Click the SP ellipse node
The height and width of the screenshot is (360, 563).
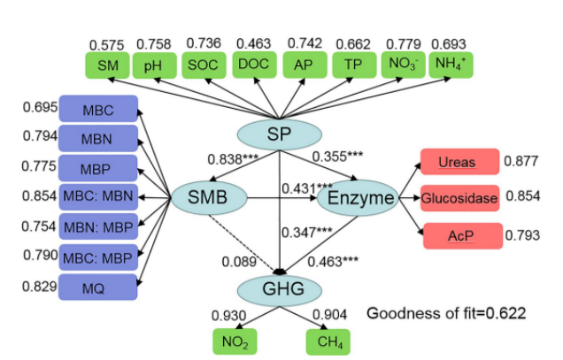[280, 134]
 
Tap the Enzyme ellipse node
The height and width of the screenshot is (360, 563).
[359, 199]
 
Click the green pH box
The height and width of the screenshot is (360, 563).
[153, 65]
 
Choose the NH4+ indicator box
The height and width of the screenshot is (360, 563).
[451, 65]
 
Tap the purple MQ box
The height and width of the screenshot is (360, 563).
[98, 287]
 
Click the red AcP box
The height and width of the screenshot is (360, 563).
[459, 235]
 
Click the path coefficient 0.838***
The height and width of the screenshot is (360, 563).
[233, 160]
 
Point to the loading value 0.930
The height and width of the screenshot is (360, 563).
[228, 315]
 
